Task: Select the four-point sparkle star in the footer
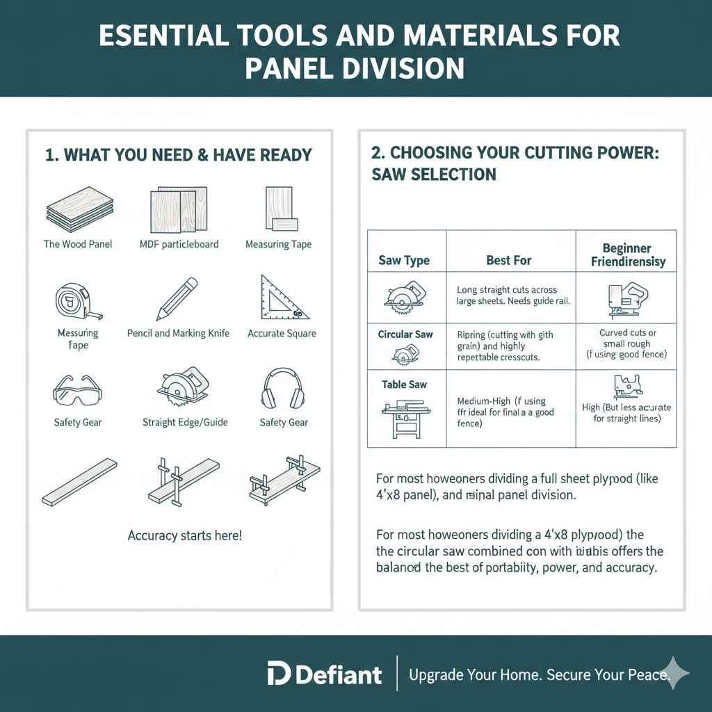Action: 674,673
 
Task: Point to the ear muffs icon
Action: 284,389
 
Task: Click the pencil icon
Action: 177,299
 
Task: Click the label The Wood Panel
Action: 78,244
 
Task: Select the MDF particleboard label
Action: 179,244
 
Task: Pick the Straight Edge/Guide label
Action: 185,422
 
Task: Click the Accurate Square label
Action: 282,334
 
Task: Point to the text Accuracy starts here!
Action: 184,536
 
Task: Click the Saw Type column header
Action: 404,261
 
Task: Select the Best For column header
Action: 509,261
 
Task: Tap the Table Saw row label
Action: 404,385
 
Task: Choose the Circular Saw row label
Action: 405,334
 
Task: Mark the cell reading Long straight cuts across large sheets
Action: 508,295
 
